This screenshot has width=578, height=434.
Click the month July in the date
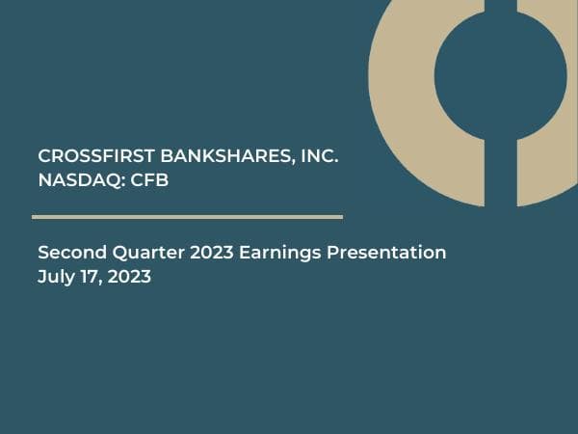55,277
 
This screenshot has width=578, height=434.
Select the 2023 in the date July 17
130,277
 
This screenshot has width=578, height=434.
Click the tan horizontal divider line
188,217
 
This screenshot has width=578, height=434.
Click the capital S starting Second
43,253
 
